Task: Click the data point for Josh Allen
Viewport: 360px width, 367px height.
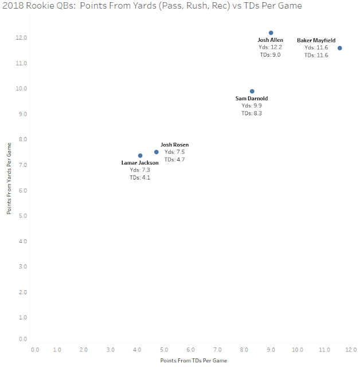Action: point(271,33)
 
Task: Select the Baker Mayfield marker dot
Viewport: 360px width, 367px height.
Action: point(340,48)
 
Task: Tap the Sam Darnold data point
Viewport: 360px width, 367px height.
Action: point(252,91)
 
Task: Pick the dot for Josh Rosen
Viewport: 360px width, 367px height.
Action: point(156,152)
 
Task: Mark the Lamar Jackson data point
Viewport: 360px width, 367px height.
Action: point(140,155)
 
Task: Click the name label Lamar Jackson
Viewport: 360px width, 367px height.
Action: point(140,163)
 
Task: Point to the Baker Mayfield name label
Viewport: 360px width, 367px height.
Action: point(316,41)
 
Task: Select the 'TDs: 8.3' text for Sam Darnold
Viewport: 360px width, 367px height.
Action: point(252,114)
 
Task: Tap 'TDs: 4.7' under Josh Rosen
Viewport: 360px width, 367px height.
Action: point(174,160)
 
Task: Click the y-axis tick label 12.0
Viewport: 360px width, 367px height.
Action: point(22,38)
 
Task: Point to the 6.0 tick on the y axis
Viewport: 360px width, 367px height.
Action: point(22,190)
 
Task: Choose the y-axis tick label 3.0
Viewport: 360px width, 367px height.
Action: point(22,267)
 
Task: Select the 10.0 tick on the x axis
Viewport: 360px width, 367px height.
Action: point(297,349)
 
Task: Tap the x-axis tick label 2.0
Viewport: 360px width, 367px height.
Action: point(84,349)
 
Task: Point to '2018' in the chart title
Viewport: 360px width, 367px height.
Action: point(12,6)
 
